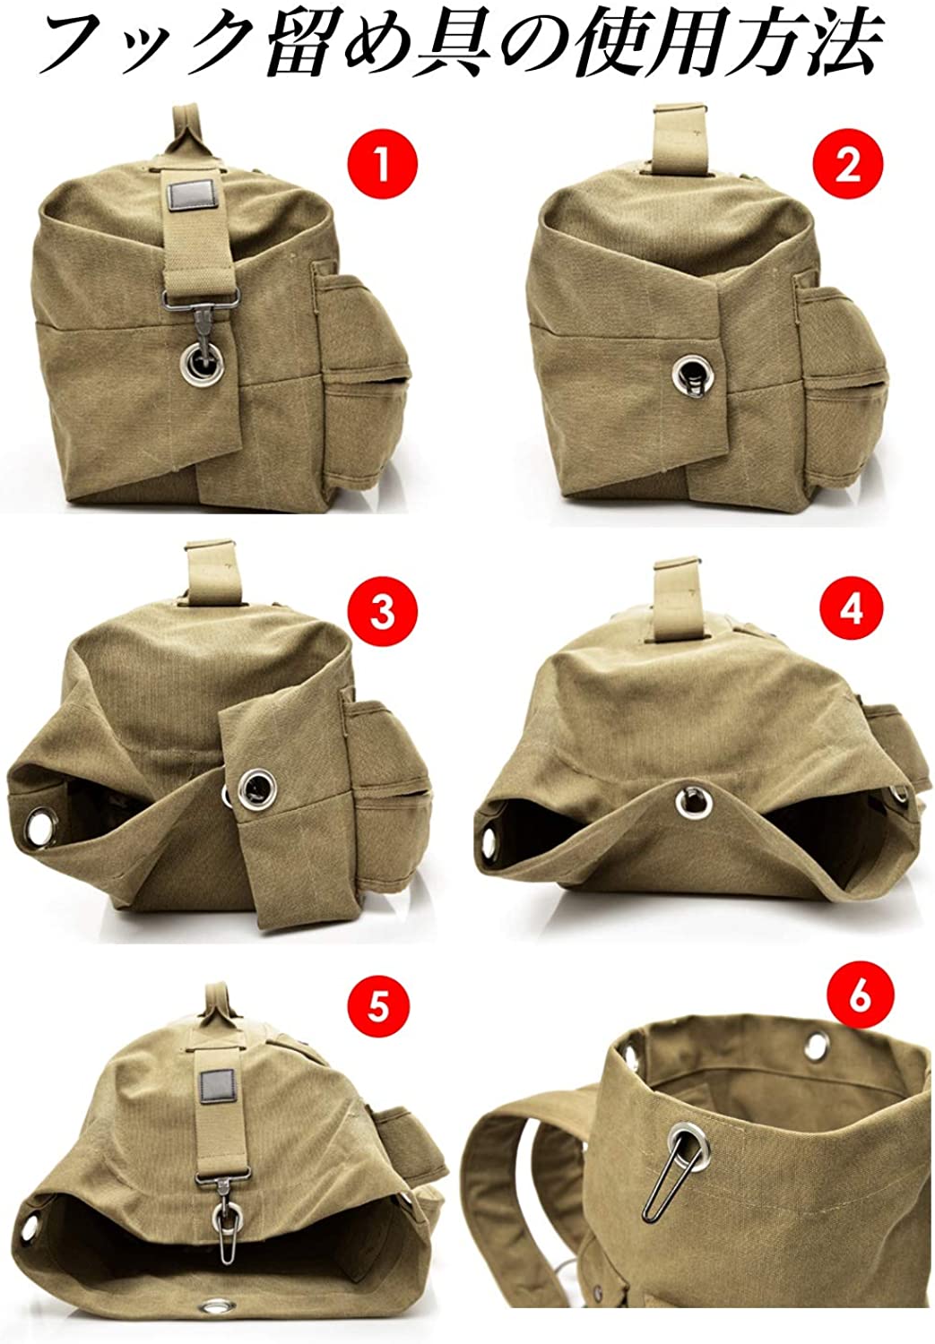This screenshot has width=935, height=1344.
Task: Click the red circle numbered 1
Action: pyautogui.click(x=382, y=164)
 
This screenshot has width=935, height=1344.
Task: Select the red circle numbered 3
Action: pyautogui.click(x=382, y=613)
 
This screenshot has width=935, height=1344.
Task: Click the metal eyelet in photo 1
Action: pyautogui.click(x=203, y=362)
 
